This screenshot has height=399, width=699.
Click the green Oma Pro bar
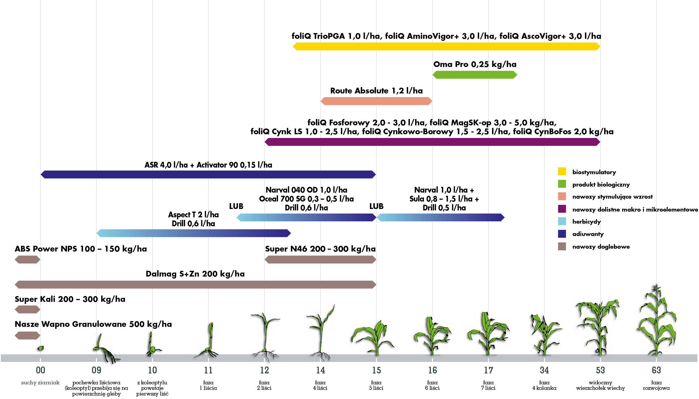(475, 75)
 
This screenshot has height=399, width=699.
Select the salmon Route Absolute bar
(376, 101)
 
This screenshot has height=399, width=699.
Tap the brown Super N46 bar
(320, 260)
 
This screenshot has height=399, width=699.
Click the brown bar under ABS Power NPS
(27, 260)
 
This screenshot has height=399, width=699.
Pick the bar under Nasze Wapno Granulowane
(27, 335)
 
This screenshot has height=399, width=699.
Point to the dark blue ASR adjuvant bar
(208, 174)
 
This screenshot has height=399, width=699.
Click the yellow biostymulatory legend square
(562, 171)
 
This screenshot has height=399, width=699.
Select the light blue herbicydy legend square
(562, 221)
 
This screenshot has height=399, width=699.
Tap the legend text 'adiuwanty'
(588, 234)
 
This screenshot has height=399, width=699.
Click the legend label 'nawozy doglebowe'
(601, 247)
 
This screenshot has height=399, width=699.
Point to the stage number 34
(544, 370)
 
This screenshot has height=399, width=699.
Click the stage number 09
(96, 370)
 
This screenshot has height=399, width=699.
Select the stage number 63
(656, 370)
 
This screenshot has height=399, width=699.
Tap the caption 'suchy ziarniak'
(40, 383)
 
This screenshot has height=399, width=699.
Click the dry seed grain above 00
(41, 348)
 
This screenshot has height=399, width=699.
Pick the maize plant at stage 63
(657, 322)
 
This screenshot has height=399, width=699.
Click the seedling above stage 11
(209, 341)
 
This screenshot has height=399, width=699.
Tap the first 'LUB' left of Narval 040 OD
(236, 206)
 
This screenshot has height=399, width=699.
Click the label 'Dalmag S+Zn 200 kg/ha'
(195, 274)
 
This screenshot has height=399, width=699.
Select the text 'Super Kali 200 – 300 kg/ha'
(70, 299)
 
